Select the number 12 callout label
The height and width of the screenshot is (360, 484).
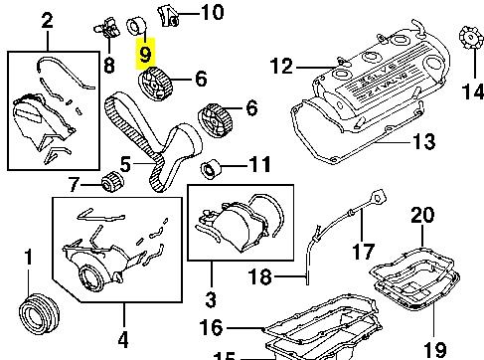[x=282, y=67]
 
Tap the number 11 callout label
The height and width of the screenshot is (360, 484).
[x=258, y=164]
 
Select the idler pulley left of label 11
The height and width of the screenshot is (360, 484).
[x=212, y=165]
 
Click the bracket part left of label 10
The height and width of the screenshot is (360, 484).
[x=169, y=13]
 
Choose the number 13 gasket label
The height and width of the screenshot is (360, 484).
[x=422, y=143]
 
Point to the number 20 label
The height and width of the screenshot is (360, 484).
[x=422, y=215]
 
